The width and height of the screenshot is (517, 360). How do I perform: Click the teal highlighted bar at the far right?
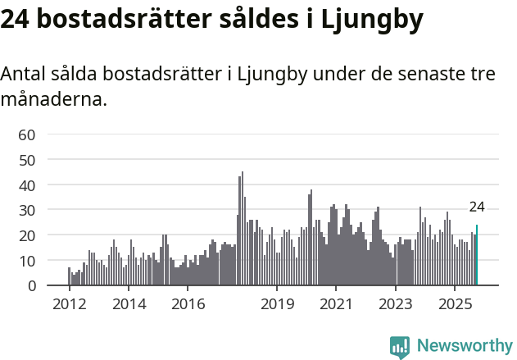coord(477,256)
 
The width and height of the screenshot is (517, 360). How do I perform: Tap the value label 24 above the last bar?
coord(477,207)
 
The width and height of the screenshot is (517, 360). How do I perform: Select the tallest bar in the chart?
coord(242,229)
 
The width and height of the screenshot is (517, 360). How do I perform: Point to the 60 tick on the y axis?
coord(27,134)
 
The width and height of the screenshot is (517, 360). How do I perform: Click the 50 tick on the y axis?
coord(27,160)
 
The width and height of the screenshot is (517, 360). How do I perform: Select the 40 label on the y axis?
coord(27,185)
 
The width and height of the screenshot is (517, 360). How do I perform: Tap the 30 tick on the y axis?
coord(27,210)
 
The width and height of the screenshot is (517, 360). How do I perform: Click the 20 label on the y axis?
coord(27,235)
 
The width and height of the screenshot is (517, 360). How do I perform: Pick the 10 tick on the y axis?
coord(27,261)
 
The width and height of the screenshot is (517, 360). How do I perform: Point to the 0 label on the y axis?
coord(31,286)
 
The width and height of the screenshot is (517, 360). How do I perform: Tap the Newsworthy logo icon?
coord(400,347)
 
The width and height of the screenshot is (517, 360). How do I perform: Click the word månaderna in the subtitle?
coord(54,101)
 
